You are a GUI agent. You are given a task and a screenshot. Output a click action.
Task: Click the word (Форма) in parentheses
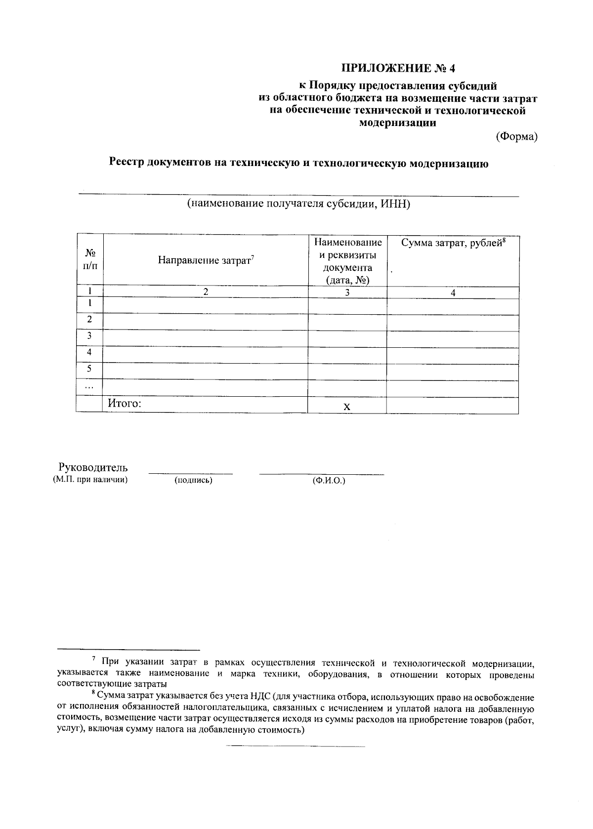pos(516,137)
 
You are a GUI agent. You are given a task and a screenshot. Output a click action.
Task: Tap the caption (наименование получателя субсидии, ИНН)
pos(298,204)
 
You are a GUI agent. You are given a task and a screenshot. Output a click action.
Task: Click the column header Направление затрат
pos(205,260)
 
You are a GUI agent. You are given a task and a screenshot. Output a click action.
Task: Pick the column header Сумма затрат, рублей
pos(452,243)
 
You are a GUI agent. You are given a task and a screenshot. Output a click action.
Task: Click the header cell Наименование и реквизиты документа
pos(347,261)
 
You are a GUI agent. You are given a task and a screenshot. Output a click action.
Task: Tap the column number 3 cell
pos(347,292)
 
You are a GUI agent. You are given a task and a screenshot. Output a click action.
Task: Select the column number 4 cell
pos(453,293)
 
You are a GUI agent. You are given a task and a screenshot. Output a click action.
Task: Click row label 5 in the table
pos(89,369)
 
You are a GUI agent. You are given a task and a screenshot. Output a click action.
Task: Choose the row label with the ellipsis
pos(89,387)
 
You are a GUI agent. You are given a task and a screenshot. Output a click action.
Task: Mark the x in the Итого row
pos(347,407)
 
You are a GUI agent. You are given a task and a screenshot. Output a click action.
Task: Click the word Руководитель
pos(93,467)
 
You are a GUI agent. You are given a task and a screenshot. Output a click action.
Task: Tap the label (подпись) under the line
pos(193,480)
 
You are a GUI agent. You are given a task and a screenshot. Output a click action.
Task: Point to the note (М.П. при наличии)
pos(90,479)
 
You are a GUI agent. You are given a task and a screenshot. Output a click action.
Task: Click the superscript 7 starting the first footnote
pos(94,659)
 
